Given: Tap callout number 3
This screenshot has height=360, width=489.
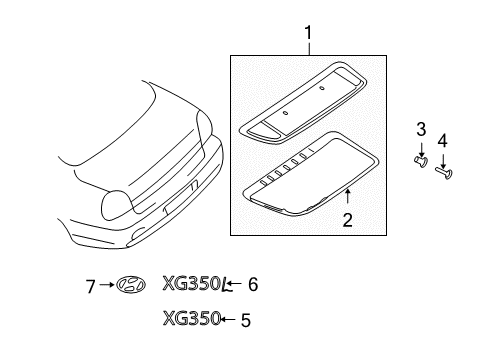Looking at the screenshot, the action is point(421,130).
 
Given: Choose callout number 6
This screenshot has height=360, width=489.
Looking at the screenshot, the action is point(253,284).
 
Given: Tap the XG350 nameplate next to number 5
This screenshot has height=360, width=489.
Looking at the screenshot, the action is point(191,320).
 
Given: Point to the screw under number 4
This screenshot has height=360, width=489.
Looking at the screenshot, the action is point(445,171).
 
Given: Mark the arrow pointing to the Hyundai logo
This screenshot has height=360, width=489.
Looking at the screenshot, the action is point(107,285).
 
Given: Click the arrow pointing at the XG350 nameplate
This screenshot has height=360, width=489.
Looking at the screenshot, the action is point(229,320).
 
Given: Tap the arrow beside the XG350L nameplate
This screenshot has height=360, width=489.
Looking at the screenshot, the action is point(237,285).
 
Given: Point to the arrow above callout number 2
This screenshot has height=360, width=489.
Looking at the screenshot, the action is point(346,196).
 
